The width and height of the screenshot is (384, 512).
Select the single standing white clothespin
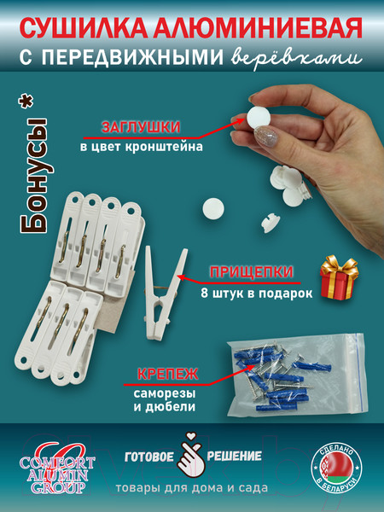[163, 281]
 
